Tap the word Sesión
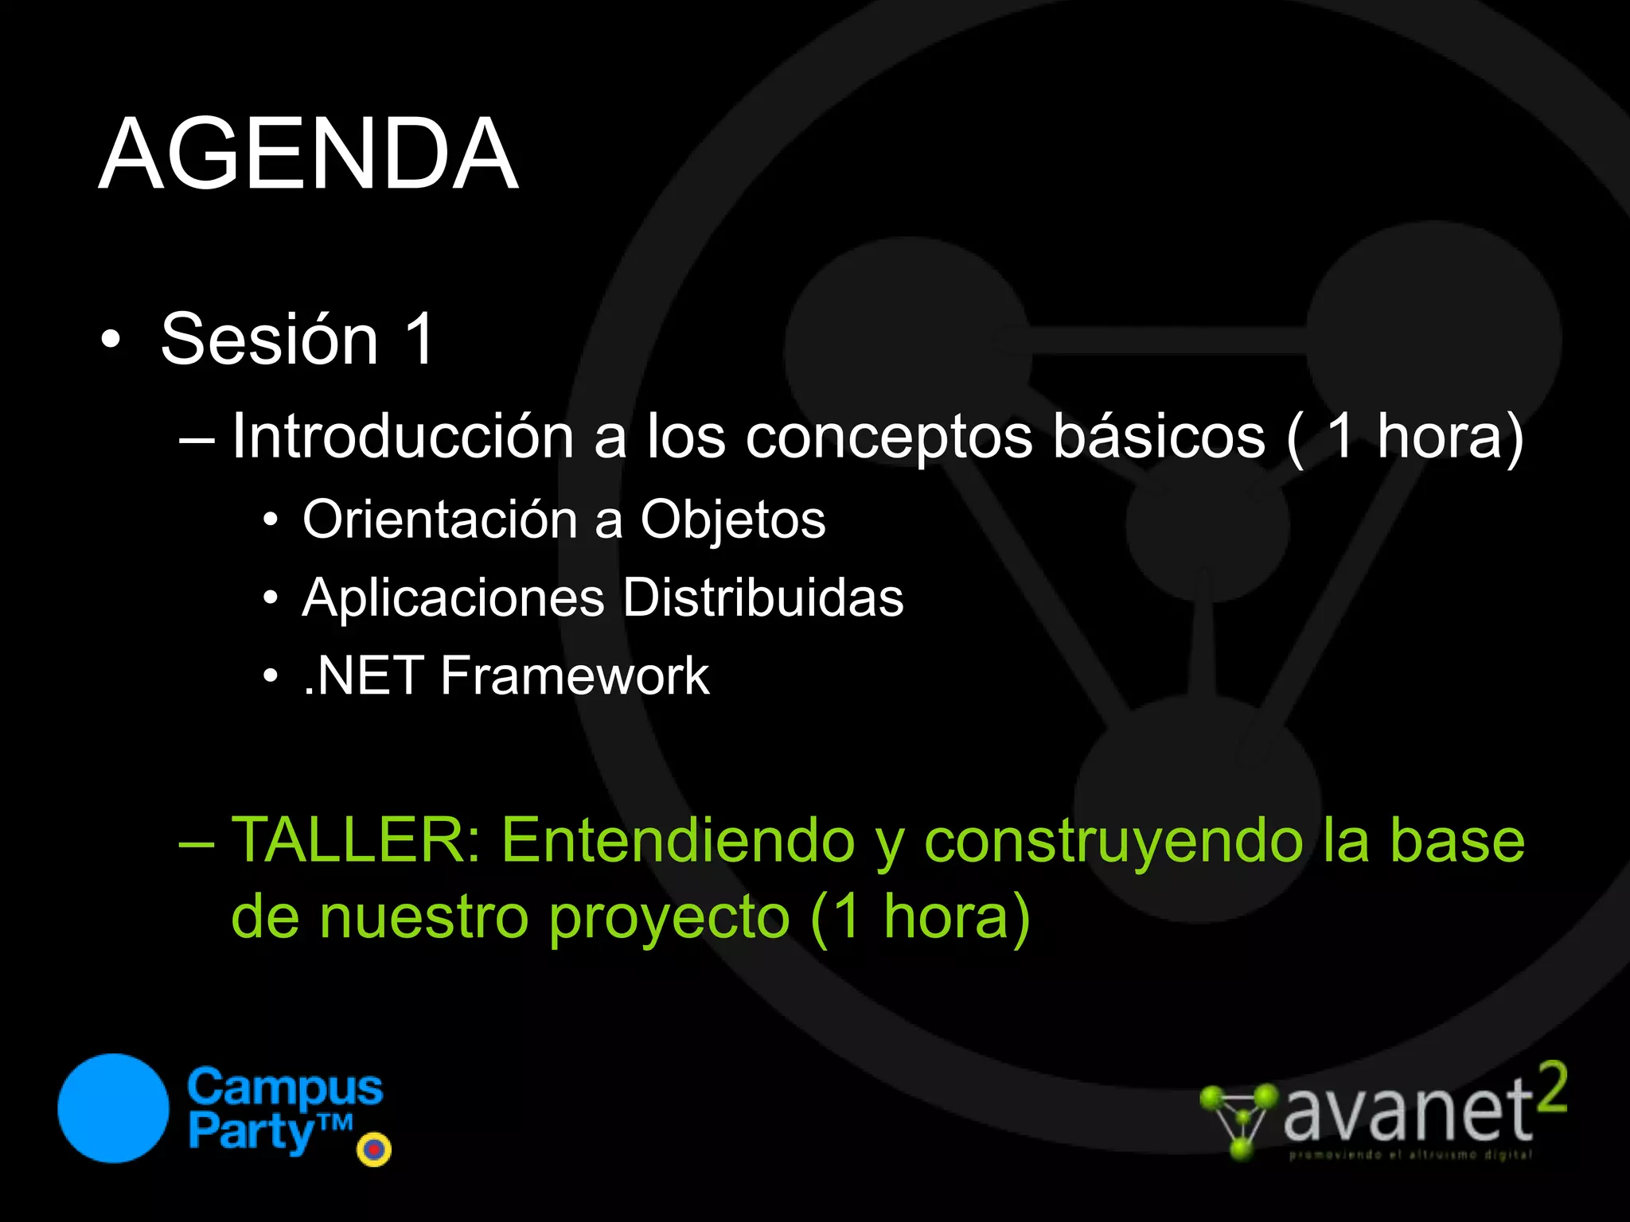tap(270, 339)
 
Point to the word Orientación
tap(440, 520)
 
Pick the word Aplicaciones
tap(453, 597)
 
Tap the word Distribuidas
tap(762, 597)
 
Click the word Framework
tap(574, 676)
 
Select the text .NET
tap(363, 676)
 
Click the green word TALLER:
tap(356, 840)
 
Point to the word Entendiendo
tap(678, 840)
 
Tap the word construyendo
tap(1113, 842)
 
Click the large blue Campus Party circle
tap(114, 1108)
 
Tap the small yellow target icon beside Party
tap(374, 1150)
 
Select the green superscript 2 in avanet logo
tap(1551, 1088)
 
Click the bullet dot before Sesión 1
tap(111, 341)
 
